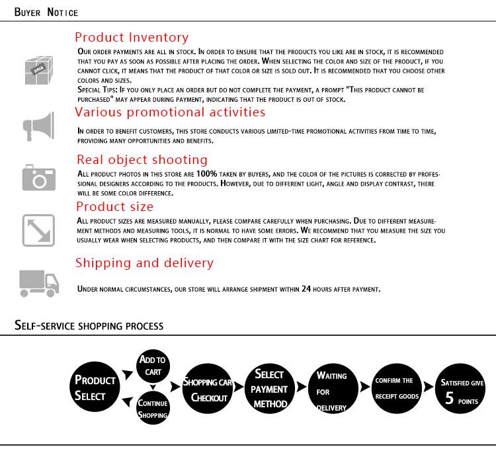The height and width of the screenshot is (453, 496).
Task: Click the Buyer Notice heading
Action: pos(46,13)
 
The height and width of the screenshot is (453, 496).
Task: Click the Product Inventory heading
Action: pos(132,38)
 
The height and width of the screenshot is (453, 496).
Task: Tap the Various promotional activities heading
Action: pos(170,112)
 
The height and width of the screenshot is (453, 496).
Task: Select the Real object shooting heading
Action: pos(142,159)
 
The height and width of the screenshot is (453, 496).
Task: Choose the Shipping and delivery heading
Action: pos(144,263)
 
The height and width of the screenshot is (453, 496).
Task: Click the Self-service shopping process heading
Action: pos(89,325)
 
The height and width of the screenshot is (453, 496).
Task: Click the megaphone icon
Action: pos(38,126)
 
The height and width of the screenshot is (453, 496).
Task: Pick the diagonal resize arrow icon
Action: pos(38,230)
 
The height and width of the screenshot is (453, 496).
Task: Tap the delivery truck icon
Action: pos(39,282)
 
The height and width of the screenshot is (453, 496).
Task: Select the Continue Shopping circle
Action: pos(153,408)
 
